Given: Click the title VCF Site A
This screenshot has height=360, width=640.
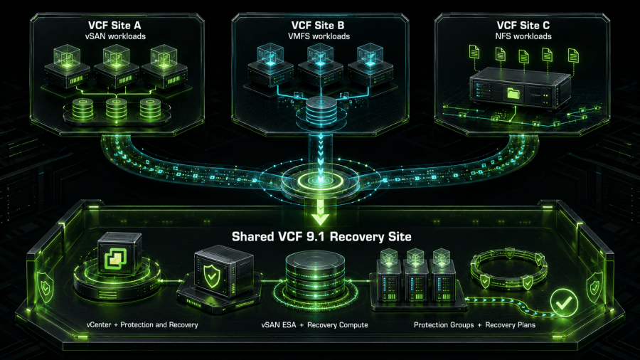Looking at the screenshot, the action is (114, 26).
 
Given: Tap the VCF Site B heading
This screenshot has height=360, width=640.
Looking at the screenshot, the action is (318, 26).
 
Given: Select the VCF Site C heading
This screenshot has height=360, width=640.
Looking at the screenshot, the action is (523, 26).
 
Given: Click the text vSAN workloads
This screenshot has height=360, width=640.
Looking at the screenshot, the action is (115, 36).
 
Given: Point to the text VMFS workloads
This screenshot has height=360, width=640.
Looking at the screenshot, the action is (319, 36).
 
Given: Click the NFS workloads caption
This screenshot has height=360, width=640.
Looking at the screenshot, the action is (523, 36).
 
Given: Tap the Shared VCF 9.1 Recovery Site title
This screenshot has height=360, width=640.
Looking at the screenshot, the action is (321, 237).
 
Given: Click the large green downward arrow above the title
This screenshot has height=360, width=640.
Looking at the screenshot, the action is (321, 213).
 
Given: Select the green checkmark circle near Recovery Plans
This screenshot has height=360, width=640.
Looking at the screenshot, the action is (564, 302).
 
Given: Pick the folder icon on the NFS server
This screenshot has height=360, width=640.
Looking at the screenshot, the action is (513, 93).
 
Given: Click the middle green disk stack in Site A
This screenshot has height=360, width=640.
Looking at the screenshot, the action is (116, 108).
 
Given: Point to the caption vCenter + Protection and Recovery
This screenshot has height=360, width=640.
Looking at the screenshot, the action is (142, 325).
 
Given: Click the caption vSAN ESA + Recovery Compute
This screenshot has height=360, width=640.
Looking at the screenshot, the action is (315, 325).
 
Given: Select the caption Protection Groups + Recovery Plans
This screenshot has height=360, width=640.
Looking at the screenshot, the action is (475, 325).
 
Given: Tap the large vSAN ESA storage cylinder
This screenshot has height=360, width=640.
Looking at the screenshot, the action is (315, 275).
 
